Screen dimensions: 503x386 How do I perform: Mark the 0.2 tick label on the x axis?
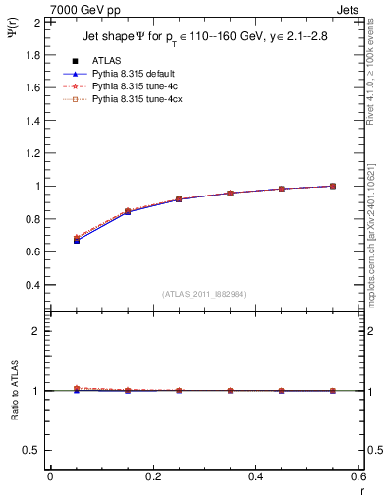pyautogui.click(x=153, y=476)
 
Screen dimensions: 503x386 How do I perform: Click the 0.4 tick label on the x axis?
pyautogui.click(x=256, y=476)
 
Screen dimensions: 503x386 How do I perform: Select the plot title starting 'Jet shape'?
pyautogui.click(x=203, y=37)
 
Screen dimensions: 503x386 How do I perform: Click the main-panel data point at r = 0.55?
pyautogui.click(x=333, y=186)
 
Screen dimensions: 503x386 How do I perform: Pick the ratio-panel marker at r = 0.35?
pyautogui.click(x=230, y=390)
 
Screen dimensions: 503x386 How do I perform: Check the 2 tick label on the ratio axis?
pyautogui.click(x=37, y=331)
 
